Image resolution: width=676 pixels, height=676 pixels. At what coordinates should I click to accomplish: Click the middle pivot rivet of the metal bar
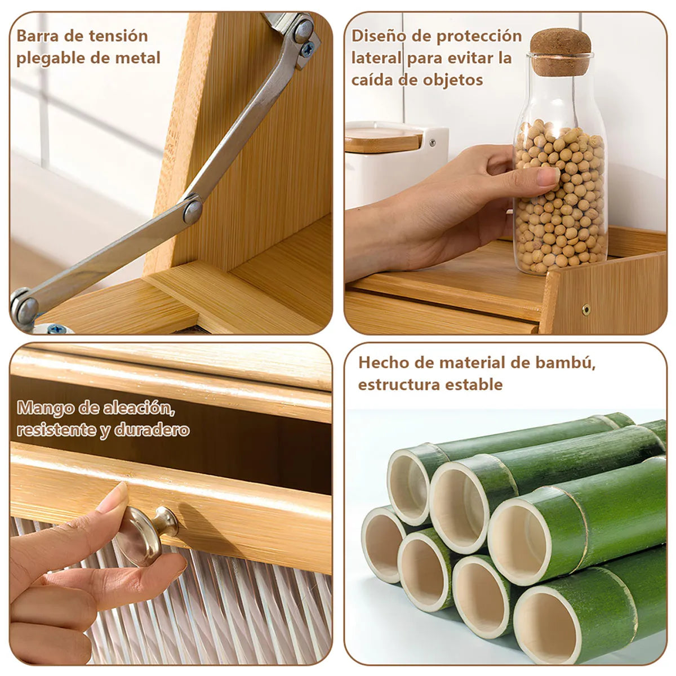[193, 210]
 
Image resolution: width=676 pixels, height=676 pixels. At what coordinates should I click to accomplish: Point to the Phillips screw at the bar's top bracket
[308, 49]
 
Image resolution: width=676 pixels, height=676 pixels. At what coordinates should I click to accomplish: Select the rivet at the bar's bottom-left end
[24, 307]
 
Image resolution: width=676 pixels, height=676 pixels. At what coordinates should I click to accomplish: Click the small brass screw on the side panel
[586, 308]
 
